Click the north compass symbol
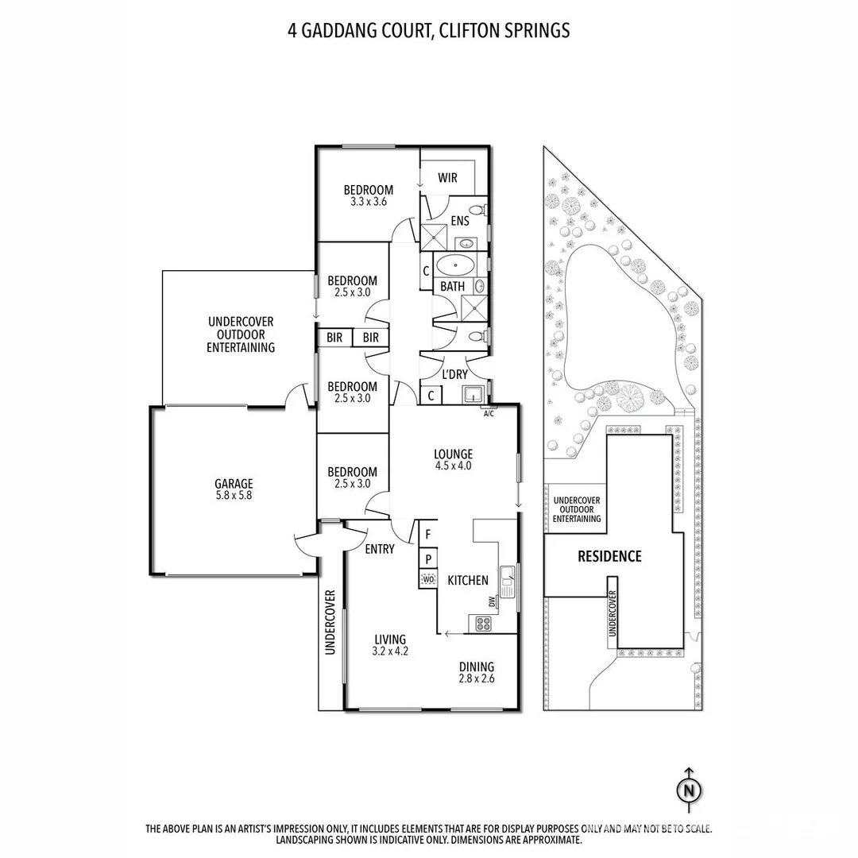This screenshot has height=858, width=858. coord(689,788)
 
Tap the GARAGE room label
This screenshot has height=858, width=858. coord(234,484)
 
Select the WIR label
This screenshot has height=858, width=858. coord(448,178)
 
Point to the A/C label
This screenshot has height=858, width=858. coord(489,413)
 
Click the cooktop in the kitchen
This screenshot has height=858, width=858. coord(481,624)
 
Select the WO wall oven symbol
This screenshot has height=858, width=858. coord(428,580)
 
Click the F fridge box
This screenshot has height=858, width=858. coord(427,534)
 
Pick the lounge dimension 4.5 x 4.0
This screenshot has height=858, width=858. coord(453,466)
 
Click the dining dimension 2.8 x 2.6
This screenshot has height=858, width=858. coord(476,679)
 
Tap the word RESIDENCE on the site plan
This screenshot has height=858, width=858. coord(609,556)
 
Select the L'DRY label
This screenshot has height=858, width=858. coord(454,374)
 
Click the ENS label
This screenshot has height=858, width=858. coord(459,221)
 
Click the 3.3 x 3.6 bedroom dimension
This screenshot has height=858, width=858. coord(368,202)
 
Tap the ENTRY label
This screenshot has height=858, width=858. coord(380,549)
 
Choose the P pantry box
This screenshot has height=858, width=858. coord(427,558)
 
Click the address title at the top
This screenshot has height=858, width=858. coord(428,31)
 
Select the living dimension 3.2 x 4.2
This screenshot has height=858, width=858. coord(390,651)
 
